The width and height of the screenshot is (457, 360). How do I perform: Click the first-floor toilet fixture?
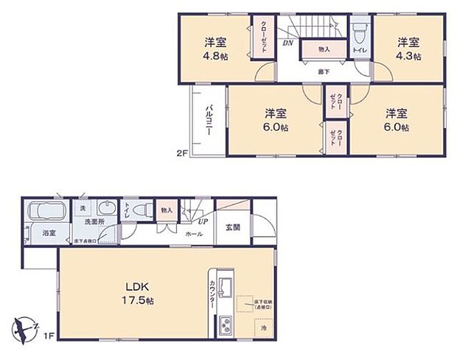[x=144, y=210]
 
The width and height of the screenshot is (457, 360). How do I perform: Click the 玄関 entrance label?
[x=232, y=227]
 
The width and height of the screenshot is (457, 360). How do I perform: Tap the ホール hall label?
[x=195, y=233]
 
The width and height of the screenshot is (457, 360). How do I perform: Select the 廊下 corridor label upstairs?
[x=323, y=71]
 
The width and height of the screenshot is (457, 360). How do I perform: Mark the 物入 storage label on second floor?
[x=324, y=49]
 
